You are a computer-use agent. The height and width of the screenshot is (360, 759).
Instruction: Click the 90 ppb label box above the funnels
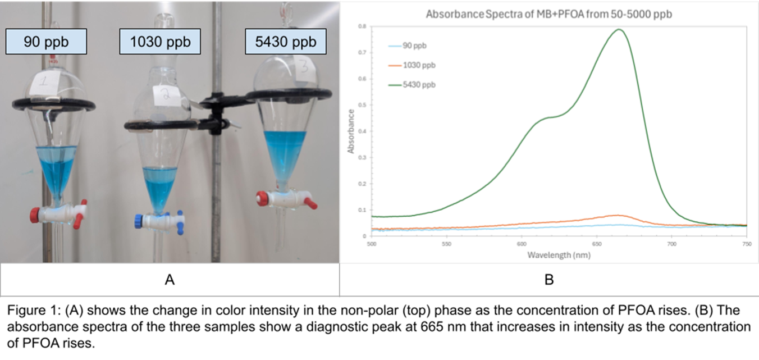click(46, 42)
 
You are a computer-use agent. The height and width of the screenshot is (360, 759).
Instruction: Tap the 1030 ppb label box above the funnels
click(160, 42)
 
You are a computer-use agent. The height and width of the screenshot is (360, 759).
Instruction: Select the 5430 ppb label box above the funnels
click(285, 42)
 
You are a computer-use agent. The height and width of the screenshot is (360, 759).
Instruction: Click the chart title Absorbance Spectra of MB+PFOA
click(548, 15)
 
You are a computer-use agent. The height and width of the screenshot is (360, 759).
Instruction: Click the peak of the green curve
click(619, 29)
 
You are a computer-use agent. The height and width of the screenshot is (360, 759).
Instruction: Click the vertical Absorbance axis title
click(351, 131)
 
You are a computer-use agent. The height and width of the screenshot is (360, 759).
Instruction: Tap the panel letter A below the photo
click(170, 279)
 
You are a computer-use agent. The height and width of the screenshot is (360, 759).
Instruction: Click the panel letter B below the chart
click(548, 279)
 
